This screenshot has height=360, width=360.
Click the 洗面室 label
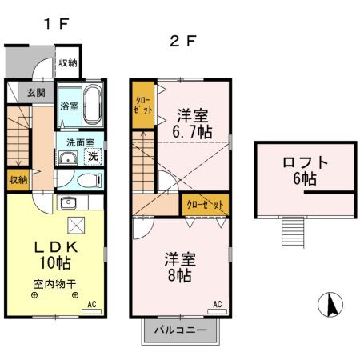click(x=75, y=142)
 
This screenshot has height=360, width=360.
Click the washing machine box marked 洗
click(x=93, y=157)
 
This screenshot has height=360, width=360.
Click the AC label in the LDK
click(x=90, y=304)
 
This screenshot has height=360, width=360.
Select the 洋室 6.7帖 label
click(x=194, y=122)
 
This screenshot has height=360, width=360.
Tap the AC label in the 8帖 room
click(x=218, y=304)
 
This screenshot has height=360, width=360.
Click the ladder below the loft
click(x=290, y=234)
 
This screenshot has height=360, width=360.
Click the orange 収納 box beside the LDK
click(x=18, y=179)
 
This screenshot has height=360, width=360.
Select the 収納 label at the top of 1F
click(x=68, y=62)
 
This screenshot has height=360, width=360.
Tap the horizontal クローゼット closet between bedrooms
click(x=206, y=204)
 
